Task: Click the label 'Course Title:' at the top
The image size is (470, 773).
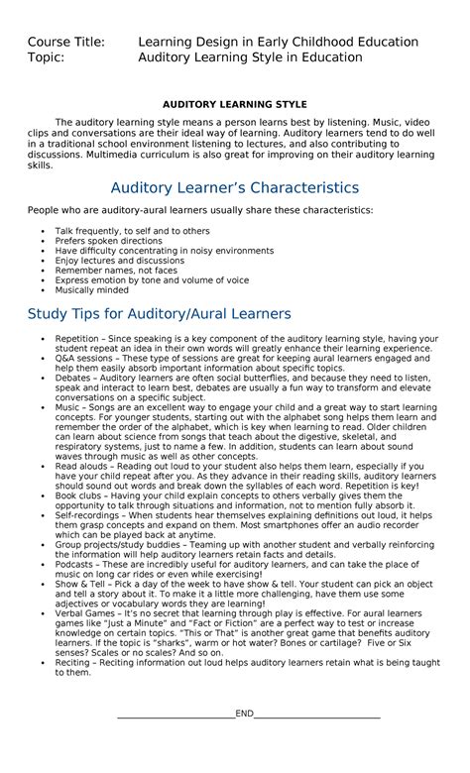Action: (x=68, y=42)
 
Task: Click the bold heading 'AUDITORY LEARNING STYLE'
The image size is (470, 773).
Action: (x=235, y=104)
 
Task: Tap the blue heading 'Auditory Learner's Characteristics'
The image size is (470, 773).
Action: (x=234, y=186)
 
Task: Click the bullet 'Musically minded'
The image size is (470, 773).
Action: (x=91, y=290)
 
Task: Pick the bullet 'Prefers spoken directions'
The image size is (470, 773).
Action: (x=108, y=241)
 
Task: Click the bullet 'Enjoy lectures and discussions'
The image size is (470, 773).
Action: (x=119, y=261)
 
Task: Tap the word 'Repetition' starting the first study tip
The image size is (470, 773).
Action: (x=77, y=339)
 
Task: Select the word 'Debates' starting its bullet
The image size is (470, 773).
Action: (x=72, y=378)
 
